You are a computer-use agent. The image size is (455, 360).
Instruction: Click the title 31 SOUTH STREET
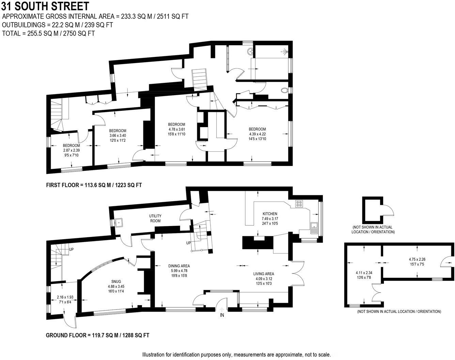point(45,6)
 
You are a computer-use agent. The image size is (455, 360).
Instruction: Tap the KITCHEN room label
point(270,214)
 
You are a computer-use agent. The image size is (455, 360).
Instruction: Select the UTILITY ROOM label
point(155,218)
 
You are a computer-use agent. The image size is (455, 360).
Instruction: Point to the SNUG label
point(116,282)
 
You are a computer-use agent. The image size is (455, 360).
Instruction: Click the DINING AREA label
point(179,266)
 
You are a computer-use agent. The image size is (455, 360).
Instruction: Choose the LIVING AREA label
point(264,274)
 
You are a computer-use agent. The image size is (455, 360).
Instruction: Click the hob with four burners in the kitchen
point(299,204)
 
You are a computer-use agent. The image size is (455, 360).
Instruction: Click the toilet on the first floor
point(284,91)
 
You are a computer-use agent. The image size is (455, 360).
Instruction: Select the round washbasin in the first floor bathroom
point(250,52)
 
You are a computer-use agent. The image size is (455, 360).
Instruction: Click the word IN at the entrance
point(222,315)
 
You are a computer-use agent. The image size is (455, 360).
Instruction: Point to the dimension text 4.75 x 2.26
point(417,259)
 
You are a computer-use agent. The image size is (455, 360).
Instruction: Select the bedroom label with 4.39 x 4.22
point(257,129)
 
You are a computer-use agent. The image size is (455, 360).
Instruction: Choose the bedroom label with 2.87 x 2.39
point(72,146)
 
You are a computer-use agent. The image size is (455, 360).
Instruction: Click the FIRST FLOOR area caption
point(94,185)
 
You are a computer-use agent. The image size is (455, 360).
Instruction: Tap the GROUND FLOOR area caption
point(98,335)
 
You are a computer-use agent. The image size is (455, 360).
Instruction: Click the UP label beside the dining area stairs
point(188,243)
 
